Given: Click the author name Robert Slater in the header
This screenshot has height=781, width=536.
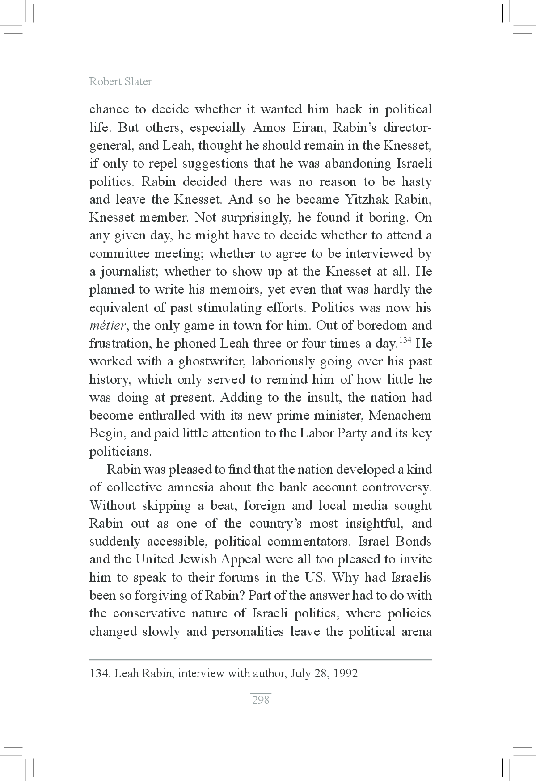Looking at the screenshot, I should [120, 82].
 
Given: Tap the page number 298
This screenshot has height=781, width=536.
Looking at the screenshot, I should [261, 700].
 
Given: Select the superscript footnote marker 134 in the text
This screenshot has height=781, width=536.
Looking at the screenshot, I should [405, 340].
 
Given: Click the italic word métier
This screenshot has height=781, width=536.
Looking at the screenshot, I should [107, 326].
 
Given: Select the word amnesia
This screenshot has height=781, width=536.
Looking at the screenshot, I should [191, 487].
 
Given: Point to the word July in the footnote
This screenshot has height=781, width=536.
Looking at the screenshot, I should [300, 673].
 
